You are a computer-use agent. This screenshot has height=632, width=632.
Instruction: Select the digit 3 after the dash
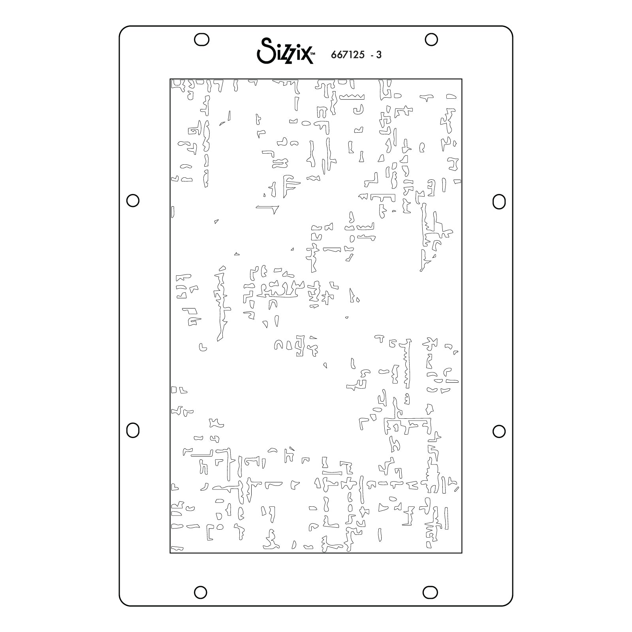(x=379, y=55)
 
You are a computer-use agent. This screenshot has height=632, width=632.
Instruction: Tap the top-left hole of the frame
(x=201, y=39)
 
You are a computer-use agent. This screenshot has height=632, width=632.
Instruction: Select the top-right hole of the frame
(x=431, y=39)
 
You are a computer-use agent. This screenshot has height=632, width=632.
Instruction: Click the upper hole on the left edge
(x=133, y=200)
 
